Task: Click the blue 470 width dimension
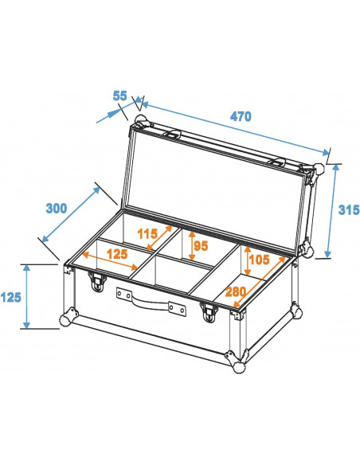240,116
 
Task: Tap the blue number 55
120,96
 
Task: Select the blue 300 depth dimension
56,209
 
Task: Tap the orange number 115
148,234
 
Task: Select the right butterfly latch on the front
209,312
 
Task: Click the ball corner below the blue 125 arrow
64,321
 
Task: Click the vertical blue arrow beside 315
331,210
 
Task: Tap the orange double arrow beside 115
162,237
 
